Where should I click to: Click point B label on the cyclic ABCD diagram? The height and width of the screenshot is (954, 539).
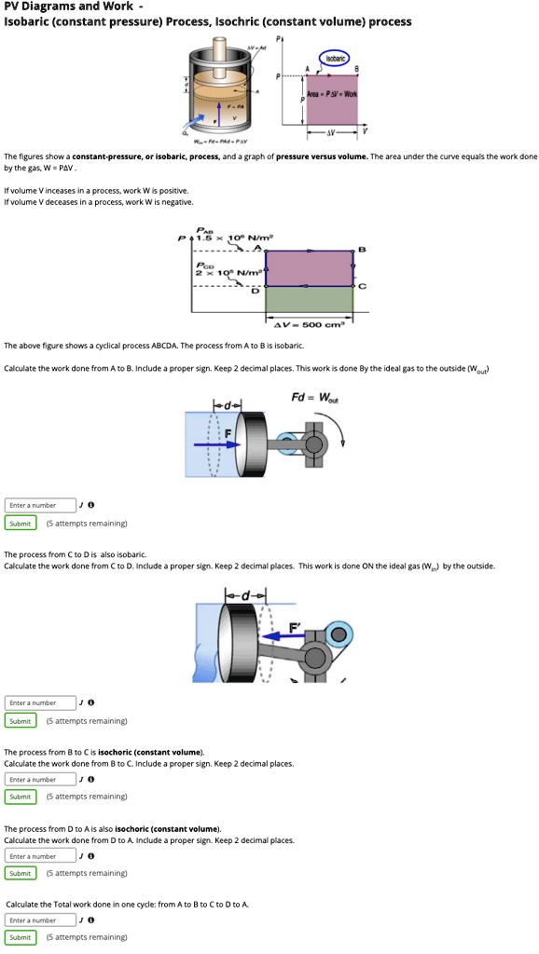tap(361, 249)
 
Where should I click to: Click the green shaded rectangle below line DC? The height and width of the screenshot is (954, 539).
tap(310, 300)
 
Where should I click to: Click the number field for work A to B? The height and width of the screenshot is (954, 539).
tap(40, 505)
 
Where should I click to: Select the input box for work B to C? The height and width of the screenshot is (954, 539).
tap(40, 779)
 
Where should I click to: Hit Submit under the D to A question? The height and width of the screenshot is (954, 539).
tap(21, 873)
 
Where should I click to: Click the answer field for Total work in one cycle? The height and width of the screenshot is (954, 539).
tap(40, 920)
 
